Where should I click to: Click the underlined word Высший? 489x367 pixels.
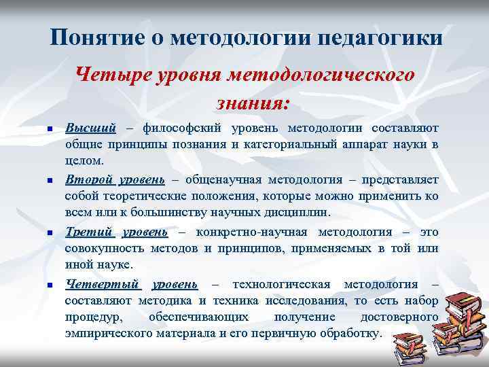pos(90,128)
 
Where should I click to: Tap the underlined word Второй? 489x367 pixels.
pos(90,179)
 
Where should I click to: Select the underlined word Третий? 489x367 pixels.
pos(89,231)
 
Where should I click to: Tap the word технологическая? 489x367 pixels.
pos(281,283)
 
